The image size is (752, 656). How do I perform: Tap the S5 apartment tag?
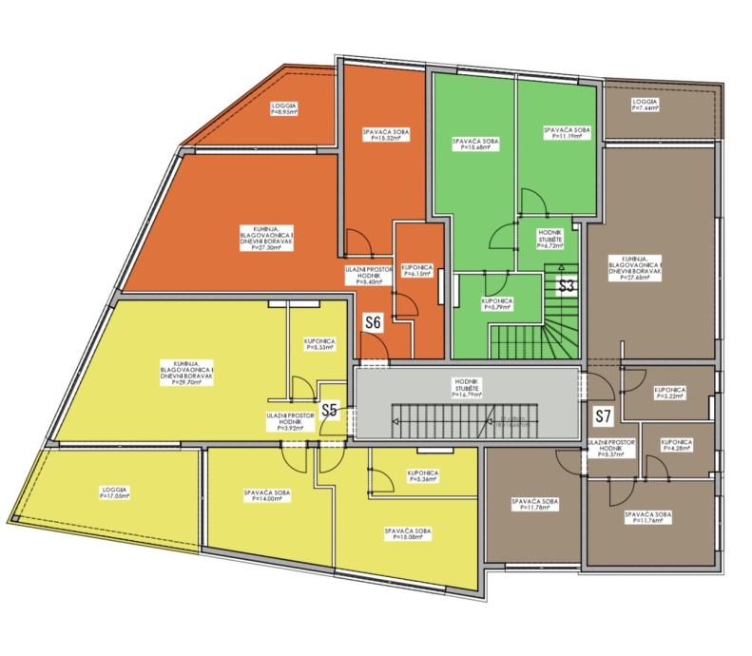coord(330,411)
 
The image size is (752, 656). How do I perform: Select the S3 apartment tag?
coord(567,284)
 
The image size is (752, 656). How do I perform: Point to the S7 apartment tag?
coord(602,415)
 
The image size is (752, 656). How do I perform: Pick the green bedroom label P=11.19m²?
coord(567,133)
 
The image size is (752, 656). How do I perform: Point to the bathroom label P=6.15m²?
coord(417,271)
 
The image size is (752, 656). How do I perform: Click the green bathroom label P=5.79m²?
coord(498,304)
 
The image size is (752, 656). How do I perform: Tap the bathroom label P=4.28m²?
coord(676,446)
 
